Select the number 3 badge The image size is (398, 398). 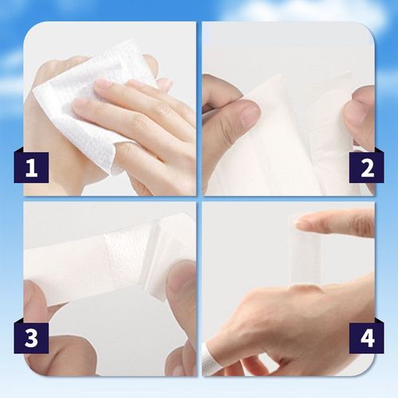pyautogui.click(x=30, y=338)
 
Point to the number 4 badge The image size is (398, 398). pyautogui.click(x=367, y=338)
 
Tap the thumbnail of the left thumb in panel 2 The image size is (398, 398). pyautogui.click(x=248, y=116)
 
